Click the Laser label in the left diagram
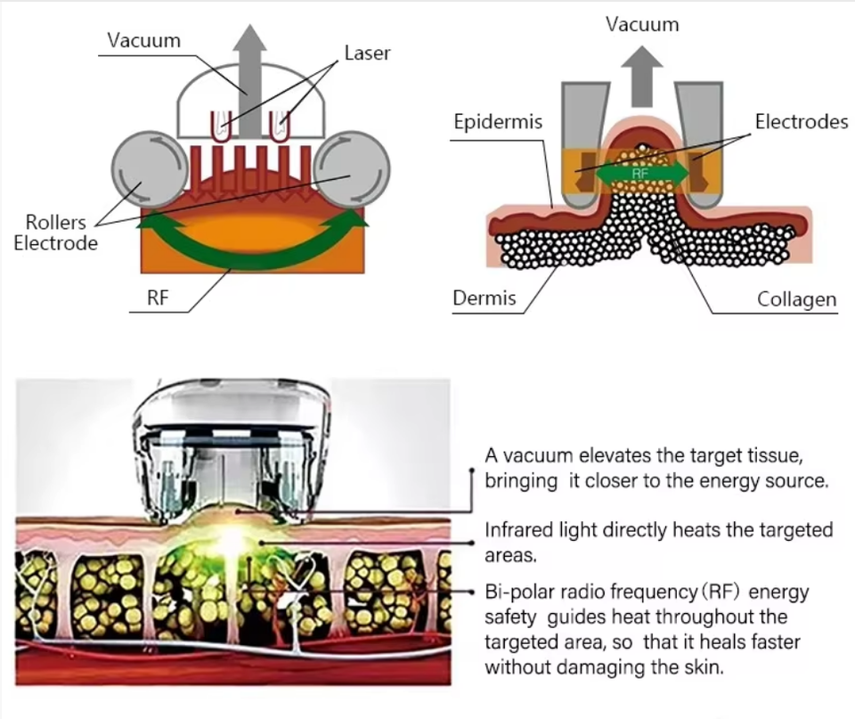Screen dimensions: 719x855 click(367, 53)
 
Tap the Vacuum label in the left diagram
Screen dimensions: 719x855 click(143, 41)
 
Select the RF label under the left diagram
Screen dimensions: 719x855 click(158, 298)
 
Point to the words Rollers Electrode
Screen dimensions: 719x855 click(55, 232)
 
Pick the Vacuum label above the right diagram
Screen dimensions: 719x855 click(642, 24)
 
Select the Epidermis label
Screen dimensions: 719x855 click(498, 122)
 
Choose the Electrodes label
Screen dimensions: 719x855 click(802, 121)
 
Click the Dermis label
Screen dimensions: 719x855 click(484, 298)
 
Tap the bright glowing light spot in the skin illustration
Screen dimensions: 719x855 click(237, 540)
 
